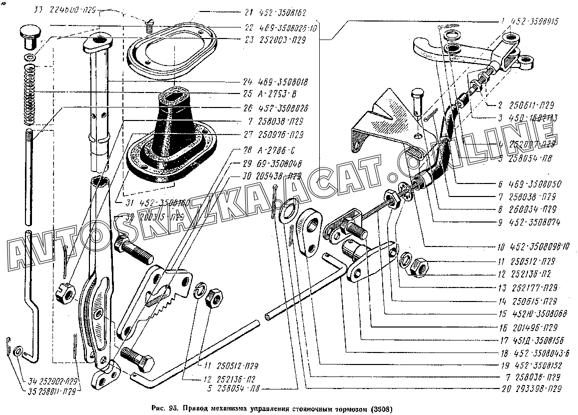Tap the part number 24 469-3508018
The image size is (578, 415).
pos(275,81)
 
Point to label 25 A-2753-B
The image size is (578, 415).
pos(267,94)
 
